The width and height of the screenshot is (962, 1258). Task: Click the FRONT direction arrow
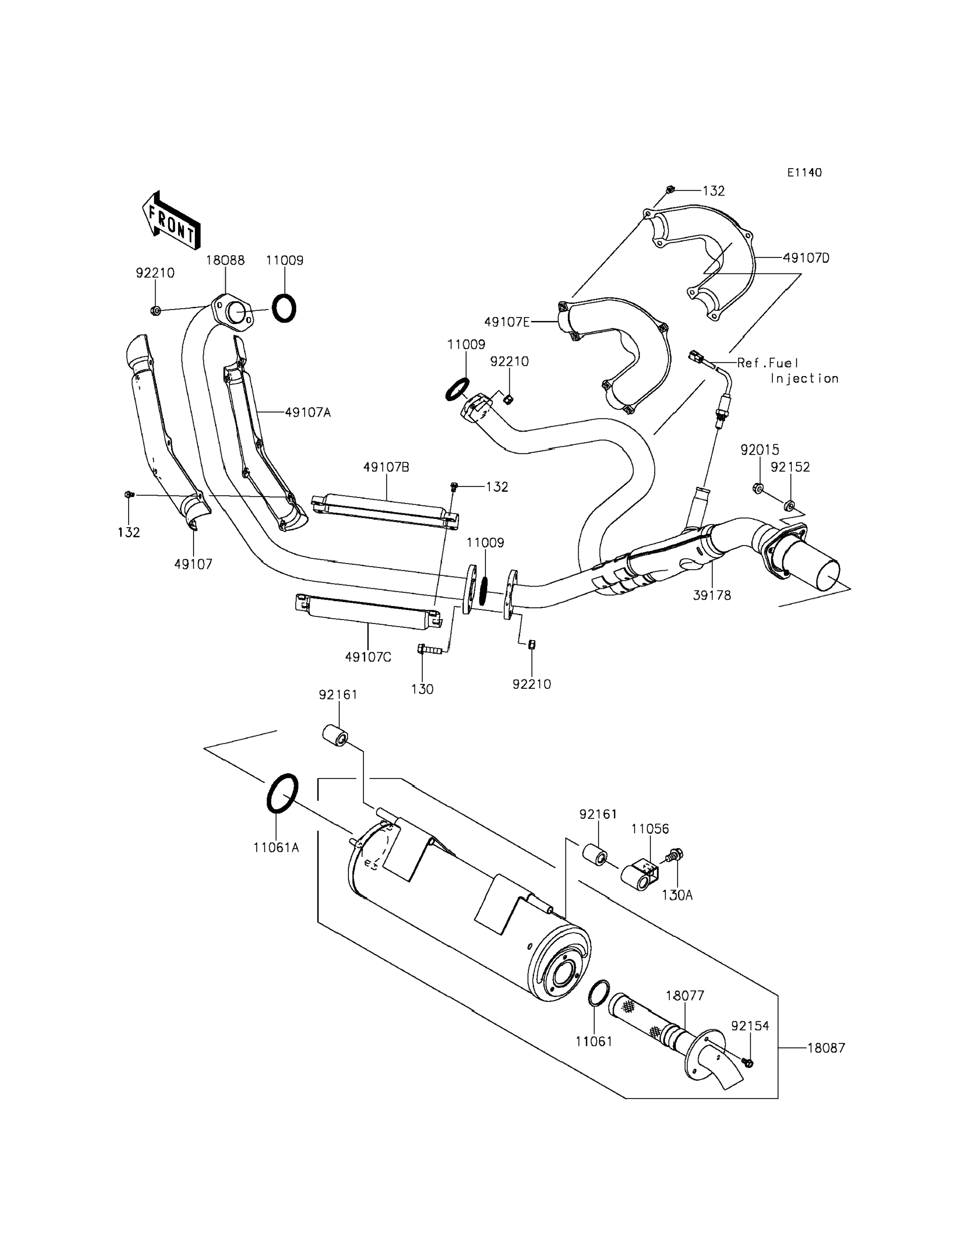[171, 221]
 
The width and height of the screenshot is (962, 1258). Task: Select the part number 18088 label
[225, 260]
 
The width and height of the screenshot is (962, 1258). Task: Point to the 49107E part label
[507, 322]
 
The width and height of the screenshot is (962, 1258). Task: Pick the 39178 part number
[712, 595]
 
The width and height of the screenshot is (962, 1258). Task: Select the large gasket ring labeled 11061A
[282, 793]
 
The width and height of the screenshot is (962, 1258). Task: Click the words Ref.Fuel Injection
[788, 370]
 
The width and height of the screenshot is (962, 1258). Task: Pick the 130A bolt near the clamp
[674, 856]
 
